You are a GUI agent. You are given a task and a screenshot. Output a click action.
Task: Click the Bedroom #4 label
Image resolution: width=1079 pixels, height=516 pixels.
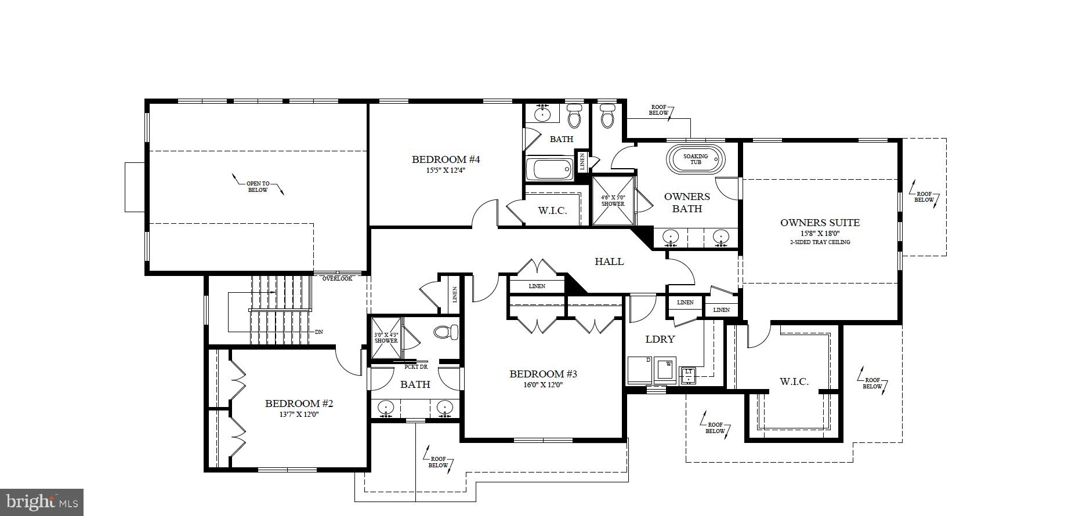446,159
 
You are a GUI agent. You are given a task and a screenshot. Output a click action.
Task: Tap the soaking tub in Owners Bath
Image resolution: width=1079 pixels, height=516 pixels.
695,159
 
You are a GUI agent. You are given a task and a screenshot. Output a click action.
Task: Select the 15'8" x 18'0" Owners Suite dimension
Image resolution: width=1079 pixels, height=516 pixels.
820,233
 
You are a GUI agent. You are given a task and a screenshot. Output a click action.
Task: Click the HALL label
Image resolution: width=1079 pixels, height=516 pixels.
609,261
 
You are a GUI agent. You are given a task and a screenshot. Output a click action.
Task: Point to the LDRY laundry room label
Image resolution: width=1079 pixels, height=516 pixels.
660,339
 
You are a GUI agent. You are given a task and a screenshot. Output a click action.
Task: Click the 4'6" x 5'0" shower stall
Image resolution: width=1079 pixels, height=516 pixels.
613,201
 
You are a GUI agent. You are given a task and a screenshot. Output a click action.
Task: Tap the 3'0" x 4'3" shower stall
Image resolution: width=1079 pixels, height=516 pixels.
386,337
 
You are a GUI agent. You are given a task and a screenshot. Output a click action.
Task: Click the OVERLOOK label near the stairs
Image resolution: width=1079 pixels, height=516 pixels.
337,279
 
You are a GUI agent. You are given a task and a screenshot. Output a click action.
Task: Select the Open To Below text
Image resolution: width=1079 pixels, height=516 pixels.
258,187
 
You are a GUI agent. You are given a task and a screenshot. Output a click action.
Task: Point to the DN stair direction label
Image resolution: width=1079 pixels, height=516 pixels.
318,332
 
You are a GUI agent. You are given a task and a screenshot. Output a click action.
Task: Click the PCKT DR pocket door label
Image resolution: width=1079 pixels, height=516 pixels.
416,367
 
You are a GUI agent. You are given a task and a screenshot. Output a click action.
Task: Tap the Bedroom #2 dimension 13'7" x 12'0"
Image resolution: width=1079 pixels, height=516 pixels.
299,415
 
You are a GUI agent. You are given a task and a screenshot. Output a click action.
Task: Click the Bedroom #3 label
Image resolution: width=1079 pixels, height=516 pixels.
543,374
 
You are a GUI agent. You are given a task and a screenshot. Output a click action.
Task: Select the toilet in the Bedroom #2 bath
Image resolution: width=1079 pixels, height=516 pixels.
446,332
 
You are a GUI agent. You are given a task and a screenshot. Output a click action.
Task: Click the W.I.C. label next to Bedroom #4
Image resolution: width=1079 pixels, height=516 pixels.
552,211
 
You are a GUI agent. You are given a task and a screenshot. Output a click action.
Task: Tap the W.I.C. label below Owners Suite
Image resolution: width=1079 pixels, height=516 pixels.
794,381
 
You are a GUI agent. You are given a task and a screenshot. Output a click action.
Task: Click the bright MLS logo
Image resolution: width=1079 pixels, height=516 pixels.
42,502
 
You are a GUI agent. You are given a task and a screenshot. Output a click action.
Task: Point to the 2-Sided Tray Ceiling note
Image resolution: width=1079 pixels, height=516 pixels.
820,242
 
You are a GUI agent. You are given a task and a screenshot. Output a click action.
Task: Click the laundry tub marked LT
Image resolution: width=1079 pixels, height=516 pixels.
689,374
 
